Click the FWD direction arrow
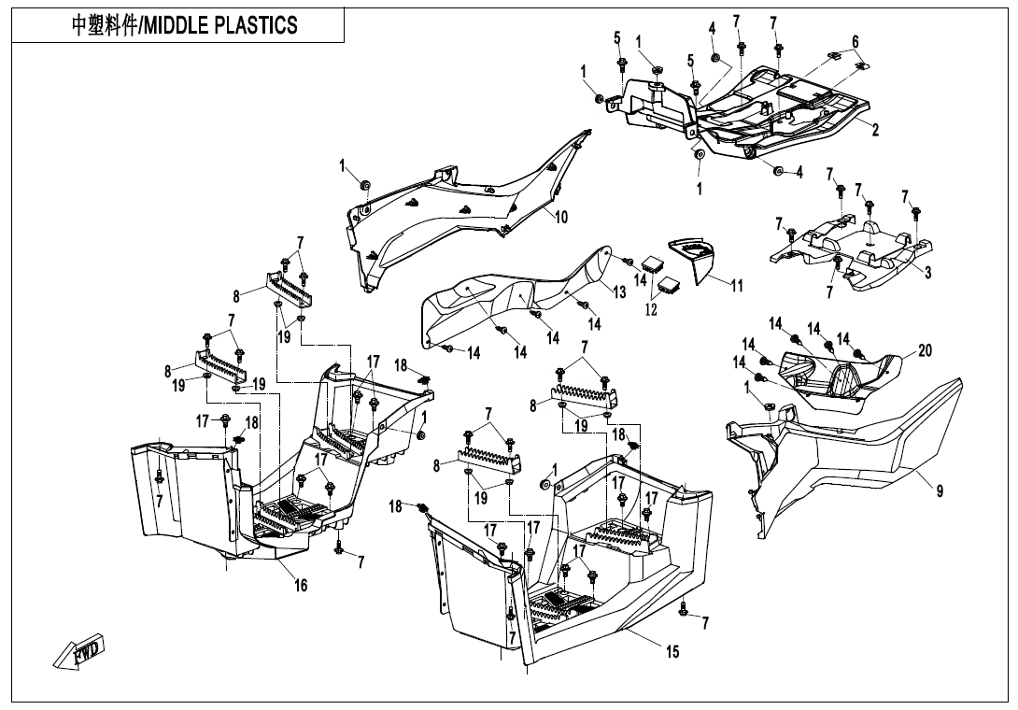coord(79,651)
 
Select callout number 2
coord(875,130)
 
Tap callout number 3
coord(927,272)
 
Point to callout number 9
coord(940,492)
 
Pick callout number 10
coord(561,217)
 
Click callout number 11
coord(737,286)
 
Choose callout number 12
coord(652,309)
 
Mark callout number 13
coord(619,291)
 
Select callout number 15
coord(672,652)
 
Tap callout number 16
coord(302,585)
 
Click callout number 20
coord(925,350)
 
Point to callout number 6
coord(855,41)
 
